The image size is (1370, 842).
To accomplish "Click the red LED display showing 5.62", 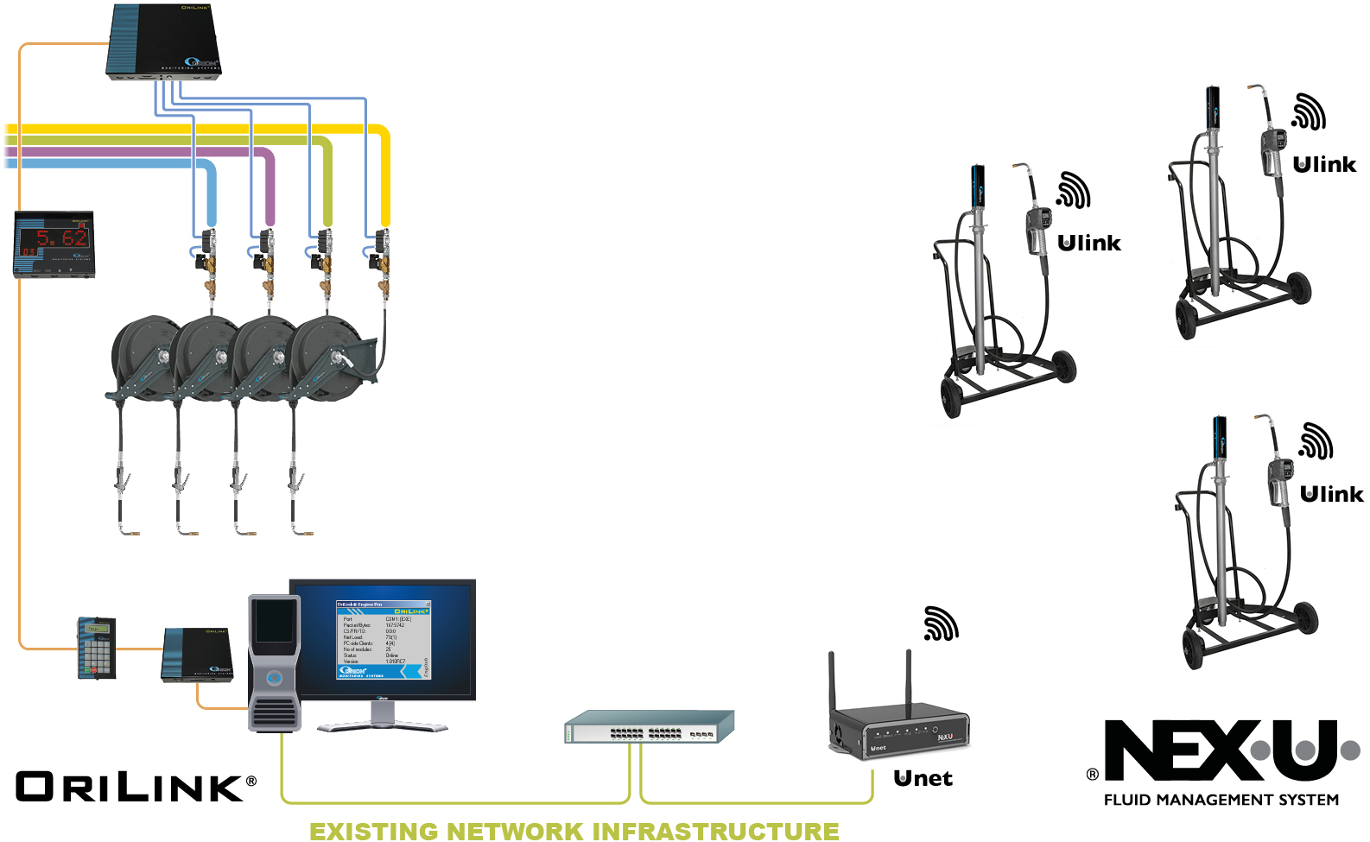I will (x=54, y=243).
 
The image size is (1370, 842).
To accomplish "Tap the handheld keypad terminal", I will (x=96, y=648).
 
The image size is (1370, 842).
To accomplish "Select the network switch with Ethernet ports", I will (x=649, y=726).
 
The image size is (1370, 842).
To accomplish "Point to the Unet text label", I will (x=923, y=779).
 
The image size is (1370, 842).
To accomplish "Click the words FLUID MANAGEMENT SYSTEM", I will (x=1221, y=801).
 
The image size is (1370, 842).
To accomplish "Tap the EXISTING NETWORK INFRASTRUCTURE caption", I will (x=574, y=831).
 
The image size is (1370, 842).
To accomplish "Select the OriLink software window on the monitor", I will (x=383, y=640).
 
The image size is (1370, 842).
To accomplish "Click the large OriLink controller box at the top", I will (x=165, y=41).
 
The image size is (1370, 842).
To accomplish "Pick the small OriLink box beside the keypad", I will (x=197, y=655).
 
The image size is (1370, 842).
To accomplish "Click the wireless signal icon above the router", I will (x=941, y=624).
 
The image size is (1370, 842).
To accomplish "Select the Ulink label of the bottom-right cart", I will (x=1331, y=495).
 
